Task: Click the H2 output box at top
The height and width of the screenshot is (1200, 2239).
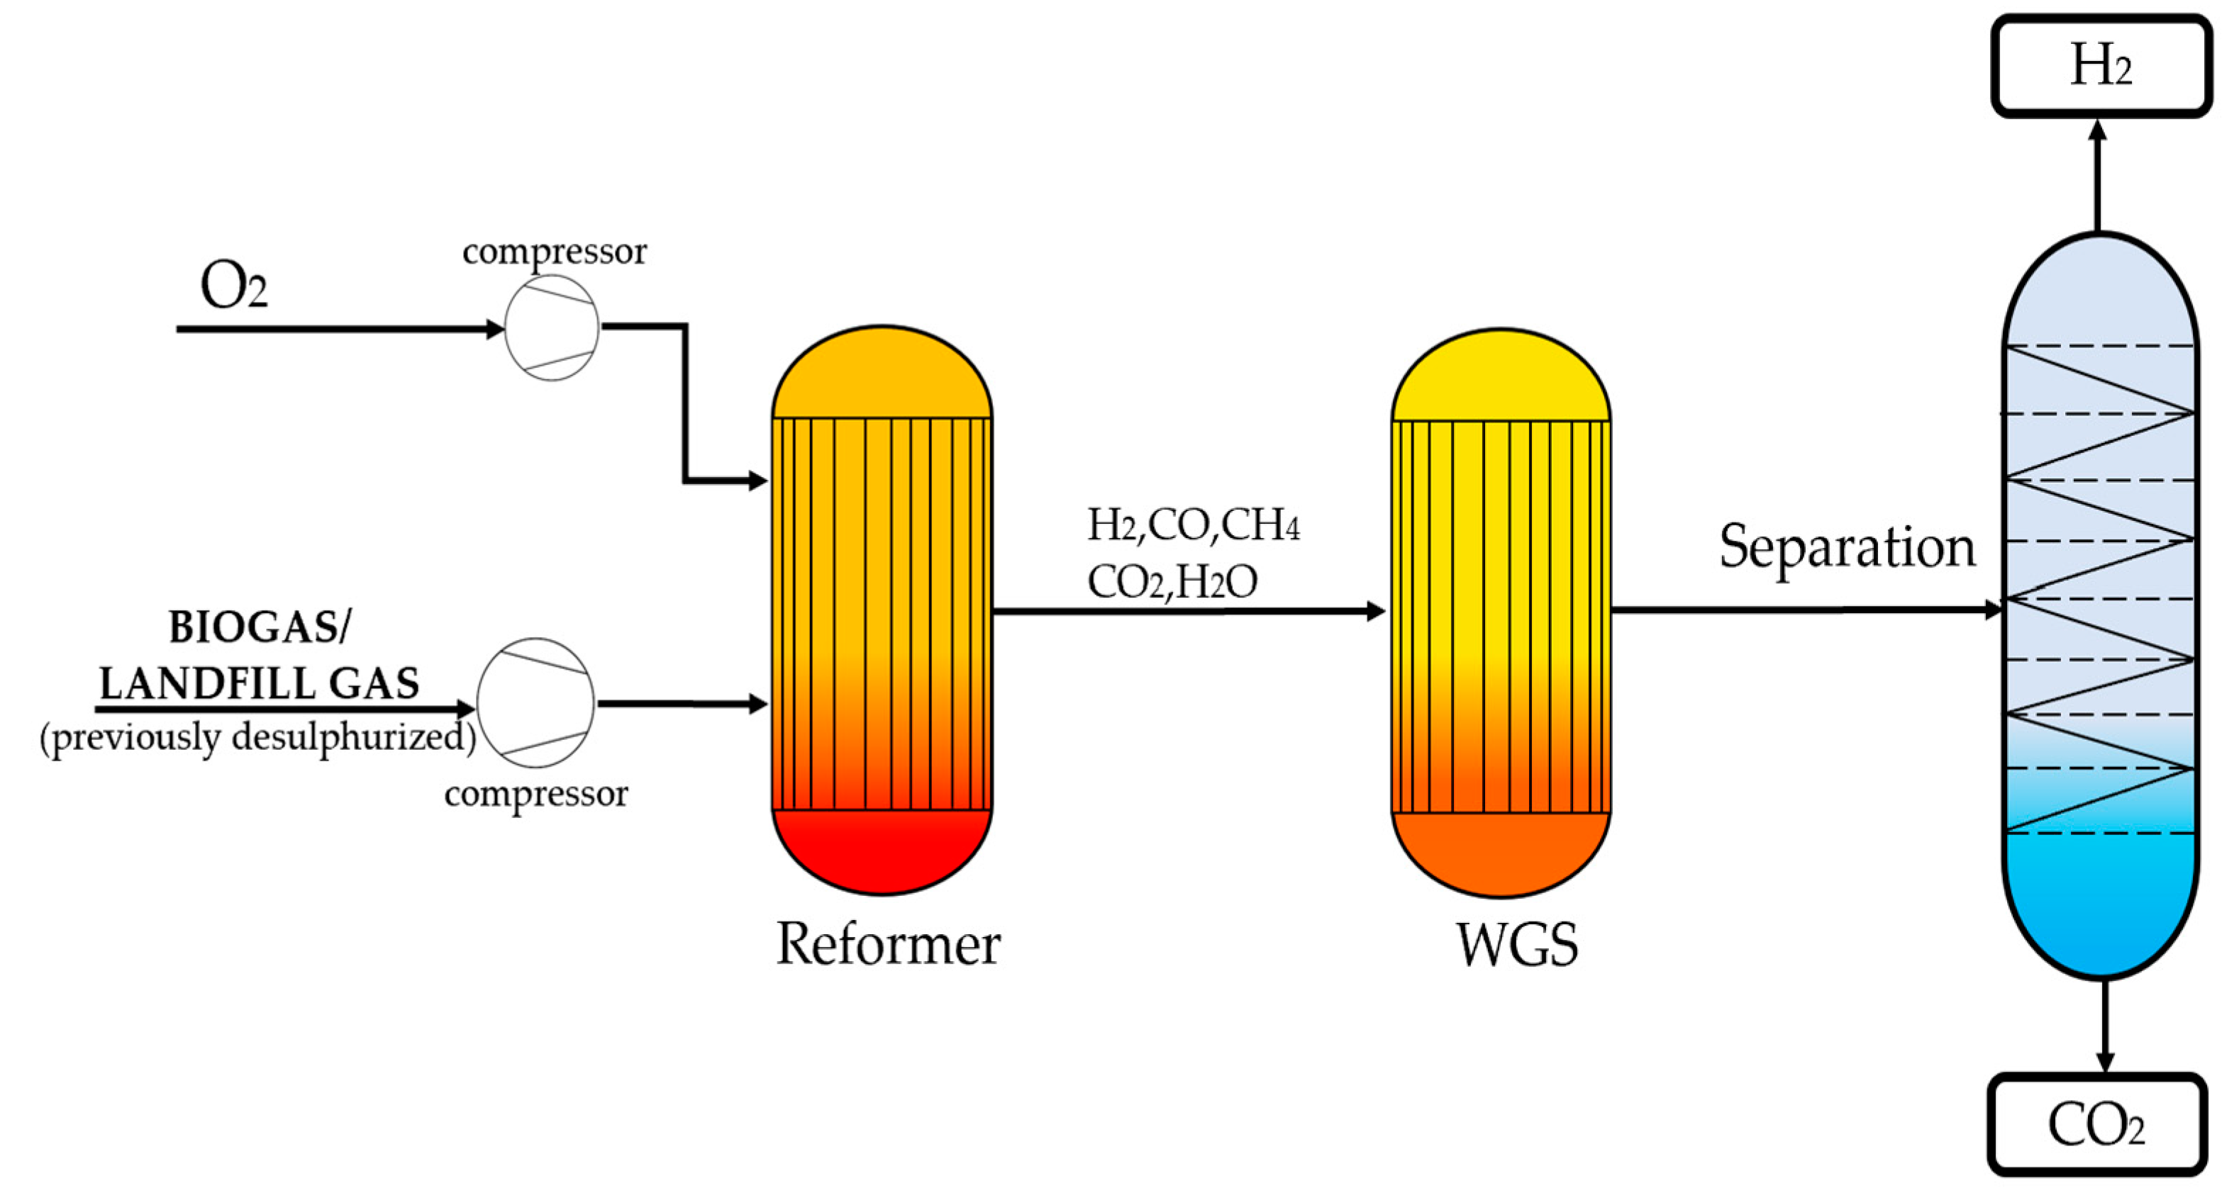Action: [2100, 65]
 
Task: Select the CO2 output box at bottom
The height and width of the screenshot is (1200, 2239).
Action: [2096, 1124]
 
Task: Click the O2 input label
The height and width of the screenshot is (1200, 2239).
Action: [233, 286]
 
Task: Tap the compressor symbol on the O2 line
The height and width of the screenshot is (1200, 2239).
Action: [551, 327]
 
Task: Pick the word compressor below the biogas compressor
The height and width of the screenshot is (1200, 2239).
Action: [535, 793]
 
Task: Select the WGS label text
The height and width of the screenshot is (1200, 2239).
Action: [1517, 945]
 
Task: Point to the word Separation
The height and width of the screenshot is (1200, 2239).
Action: [1847, 547]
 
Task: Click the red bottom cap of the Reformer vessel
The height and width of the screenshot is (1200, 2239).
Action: [882, 851]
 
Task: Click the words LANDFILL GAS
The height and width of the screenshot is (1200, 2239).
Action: [259, 684]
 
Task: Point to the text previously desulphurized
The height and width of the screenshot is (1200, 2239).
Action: [258, 738]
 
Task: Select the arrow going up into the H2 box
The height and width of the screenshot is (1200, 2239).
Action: [2097, 174]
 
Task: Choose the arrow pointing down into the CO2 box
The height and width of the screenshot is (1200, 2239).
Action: [2104, 1026]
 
